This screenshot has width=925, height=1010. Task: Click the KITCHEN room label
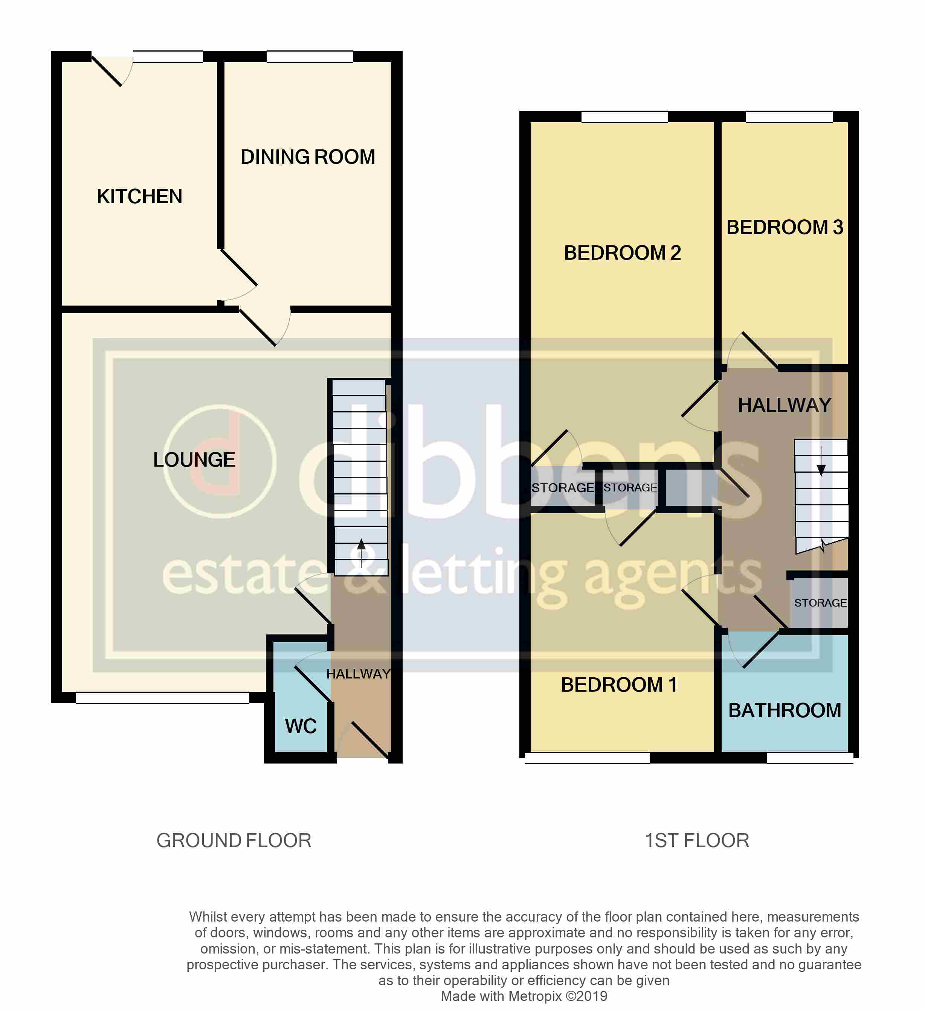click(x=139, y=196)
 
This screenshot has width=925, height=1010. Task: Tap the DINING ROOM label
click(x=308, y=157)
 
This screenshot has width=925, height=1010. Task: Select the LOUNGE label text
click(x=194, y=460)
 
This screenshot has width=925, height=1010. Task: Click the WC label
click(x=301, y=726)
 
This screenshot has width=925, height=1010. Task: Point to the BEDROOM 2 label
click(x=622, y=253)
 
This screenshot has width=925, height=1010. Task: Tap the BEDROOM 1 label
click(x=619, y=685)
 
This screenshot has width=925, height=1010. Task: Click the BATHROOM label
click(x=785, y=710)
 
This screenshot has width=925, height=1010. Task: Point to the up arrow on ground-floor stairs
click(x=361, y=553)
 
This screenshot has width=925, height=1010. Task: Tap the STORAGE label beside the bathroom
click(x=820, y=603)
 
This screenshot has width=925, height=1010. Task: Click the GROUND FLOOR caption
click(x=234, y=841)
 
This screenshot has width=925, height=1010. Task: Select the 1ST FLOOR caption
click(x=697, y=841)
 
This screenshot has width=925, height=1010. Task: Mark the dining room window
click(x=310, y=56)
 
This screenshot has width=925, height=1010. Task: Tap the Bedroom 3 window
click(x=789, y=117)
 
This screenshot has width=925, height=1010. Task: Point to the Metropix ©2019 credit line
click(x=524, y=996)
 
